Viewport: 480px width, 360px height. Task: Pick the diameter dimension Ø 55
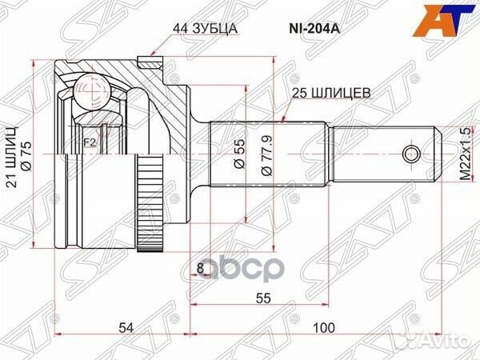coord(238,152)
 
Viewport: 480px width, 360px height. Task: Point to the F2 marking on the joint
coord(90,145)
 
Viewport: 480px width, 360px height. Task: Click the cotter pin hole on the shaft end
coord(411,152)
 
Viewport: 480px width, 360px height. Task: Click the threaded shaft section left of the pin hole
coord(376,152)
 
